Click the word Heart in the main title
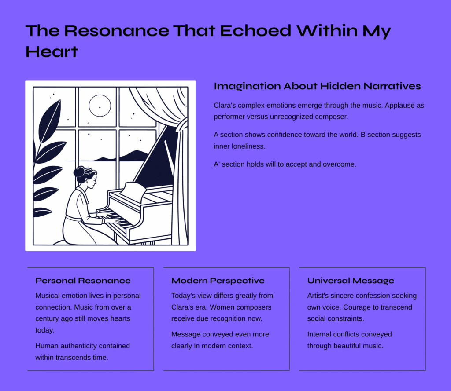[x=52, y=52]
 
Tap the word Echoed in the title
[x=256, y=30]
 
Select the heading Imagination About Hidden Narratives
[x=317, y=86]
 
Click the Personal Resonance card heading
[x=83, y=281]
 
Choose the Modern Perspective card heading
[x=218, y=281]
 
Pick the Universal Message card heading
[x=351, y=281]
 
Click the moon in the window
[x=100, y=106]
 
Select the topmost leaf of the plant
[x=50, y=121]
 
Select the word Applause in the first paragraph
[x=398, y=106]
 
